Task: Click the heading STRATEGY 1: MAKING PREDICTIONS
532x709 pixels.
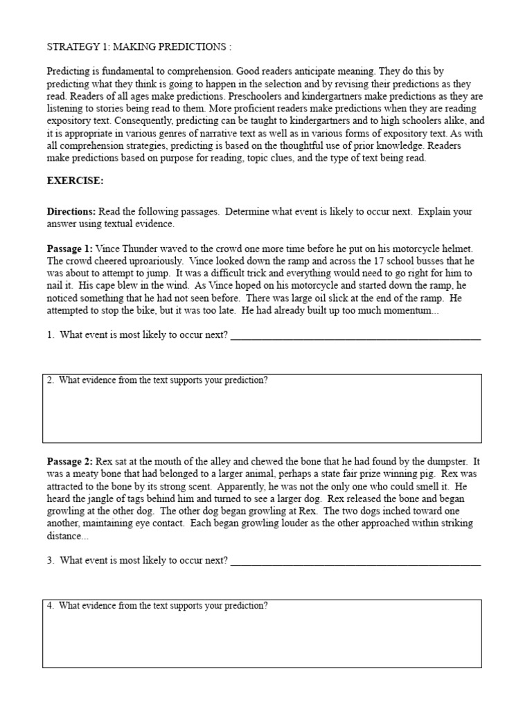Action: point(139,47)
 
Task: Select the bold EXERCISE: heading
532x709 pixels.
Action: point(75,181)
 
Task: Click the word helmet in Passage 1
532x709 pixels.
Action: point(458,249)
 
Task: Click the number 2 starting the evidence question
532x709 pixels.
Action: point(51,380)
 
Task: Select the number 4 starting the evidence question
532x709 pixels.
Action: point(51,606)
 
